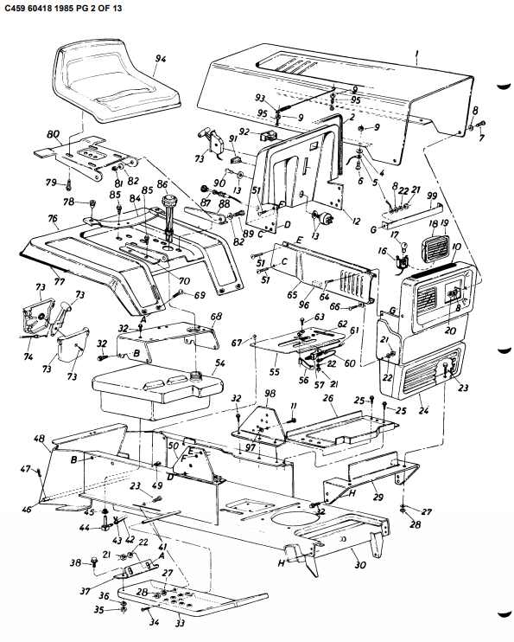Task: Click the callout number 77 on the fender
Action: (58, 279)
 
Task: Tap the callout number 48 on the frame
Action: (40, 439)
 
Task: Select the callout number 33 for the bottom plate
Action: (180, 623)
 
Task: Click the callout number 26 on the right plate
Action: (327, 399)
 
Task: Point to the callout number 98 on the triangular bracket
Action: (270, 394)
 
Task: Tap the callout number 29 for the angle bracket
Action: (377, 498)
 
